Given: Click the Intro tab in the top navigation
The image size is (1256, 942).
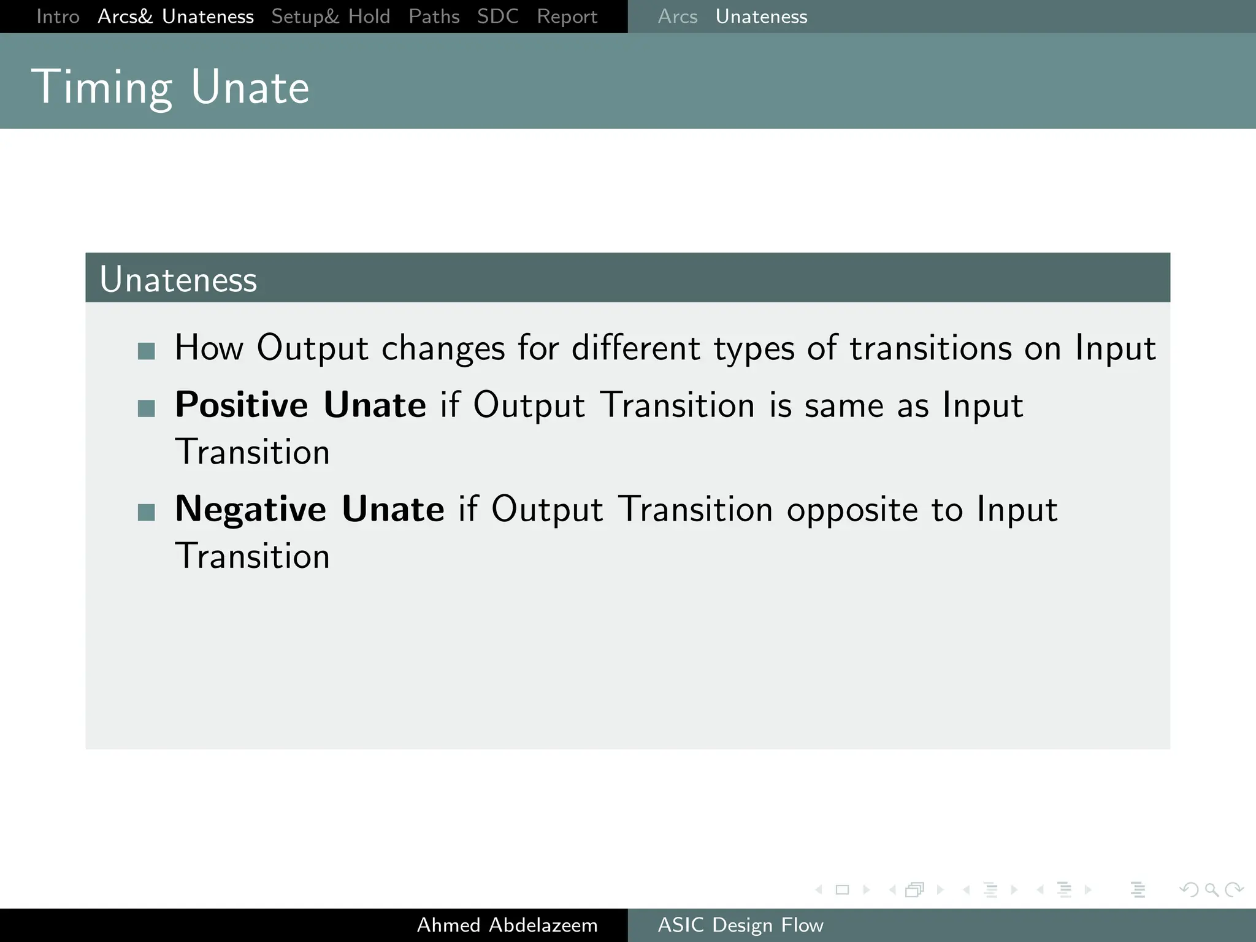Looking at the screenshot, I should pos(58,17).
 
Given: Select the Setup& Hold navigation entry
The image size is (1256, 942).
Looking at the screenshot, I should pos(331,17).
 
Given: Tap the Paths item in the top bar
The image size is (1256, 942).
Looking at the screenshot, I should pos(434,17).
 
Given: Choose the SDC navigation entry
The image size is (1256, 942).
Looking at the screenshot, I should pos(497,17).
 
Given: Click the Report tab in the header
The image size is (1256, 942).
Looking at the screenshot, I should pos(567,17).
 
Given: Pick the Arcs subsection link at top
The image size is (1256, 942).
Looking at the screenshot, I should pos(677,17).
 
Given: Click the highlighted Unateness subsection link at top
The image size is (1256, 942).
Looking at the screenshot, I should pos(761,17).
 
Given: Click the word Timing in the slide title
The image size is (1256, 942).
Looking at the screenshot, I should pos(102,88).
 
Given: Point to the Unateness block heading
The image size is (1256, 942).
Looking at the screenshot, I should pos(178,280).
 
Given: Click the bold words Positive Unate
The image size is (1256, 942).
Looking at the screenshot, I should pos(300,405).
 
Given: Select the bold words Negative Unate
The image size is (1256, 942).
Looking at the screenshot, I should pos(309,509).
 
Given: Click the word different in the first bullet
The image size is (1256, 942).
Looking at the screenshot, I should pos(635,348).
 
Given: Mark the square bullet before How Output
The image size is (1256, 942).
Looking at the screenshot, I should pos(147,351).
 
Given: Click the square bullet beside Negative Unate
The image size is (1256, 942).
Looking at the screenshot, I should pos(147,512).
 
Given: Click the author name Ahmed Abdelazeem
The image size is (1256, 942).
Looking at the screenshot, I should pos(507,925).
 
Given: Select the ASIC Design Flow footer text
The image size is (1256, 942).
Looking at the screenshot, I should pos(740,925).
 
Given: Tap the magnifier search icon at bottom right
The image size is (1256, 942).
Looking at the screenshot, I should pos(1211,889).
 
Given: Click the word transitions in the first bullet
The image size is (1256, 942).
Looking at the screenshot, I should pos(930,348).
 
